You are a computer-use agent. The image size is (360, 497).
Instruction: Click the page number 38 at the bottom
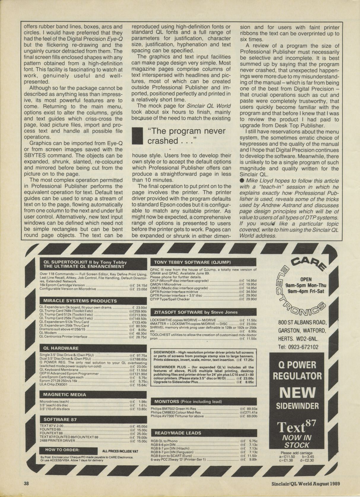[x=26, y=483]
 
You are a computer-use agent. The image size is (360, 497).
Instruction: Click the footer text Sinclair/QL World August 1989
[x=306, y=483]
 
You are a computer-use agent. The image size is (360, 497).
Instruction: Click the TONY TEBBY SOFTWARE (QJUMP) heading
[x=192, y=262]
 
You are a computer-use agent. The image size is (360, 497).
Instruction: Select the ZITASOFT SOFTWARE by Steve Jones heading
[x=196, y=312]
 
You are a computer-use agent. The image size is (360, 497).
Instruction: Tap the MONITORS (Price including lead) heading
[x=188, y=402]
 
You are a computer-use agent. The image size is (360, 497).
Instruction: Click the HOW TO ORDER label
[x=62, y=450]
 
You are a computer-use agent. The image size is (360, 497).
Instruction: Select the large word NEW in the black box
[x=297, y=393]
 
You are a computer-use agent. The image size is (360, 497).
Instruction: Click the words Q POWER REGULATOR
[x=297, y=371]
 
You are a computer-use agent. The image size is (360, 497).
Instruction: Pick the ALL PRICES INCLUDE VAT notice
[x=120, y=451]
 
